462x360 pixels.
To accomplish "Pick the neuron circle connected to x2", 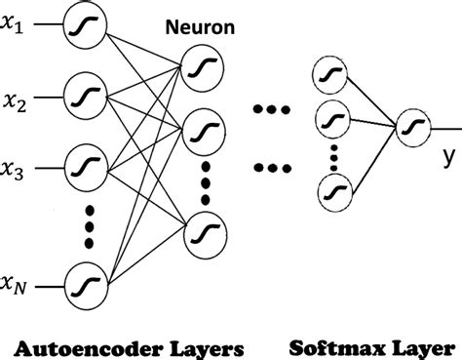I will click(x=81, y=98).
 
